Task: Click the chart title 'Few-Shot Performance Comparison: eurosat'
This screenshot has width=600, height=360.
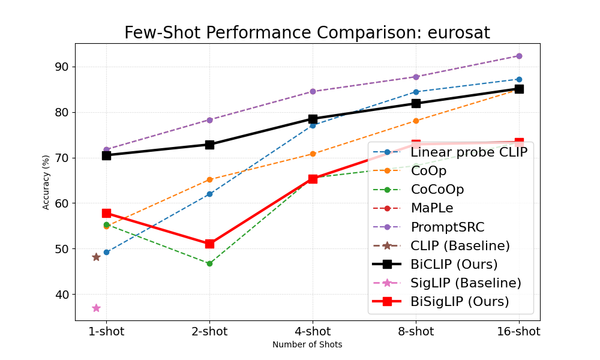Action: click(307, 33)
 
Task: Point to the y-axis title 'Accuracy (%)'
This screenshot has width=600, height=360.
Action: click(46, 182)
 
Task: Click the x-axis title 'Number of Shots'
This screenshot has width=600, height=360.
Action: click(307, 345)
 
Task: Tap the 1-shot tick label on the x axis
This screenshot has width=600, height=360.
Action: click(106, 332)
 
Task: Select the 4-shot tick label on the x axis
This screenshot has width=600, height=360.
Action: click(313, 332)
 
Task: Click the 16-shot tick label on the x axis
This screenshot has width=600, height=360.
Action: click(519, 332)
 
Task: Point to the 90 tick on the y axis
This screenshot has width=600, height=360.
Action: click(62, 67)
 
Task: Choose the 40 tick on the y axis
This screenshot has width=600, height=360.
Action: click(62, 295)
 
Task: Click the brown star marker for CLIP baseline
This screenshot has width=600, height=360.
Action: click(96, 257)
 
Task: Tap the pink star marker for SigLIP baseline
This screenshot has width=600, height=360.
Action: click(96, 308)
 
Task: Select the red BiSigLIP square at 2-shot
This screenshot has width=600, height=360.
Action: click(209, 244)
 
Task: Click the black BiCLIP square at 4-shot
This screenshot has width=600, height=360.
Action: click(313, 119)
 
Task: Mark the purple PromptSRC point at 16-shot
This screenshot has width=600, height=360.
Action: click(519, 56)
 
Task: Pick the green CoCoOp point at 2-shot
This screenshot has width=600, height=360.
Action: click(209, 263)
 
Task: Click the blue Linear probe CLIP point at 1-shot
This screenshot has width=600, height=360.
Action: click(106, 252)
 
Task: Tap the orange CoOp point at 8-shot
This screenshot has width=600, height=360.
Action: click(416, 121)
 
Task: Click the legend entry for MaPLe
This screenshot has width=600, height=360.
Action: click(432, 208)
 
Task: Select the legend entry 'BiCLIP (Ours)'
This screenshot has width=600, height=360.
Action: click(454, 264)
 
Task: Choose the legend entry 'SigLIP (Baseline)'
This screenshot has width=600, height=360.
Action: click(466, 283)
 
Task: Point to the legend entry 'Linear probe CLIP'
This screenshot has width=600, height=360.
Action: click(469, 152)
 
